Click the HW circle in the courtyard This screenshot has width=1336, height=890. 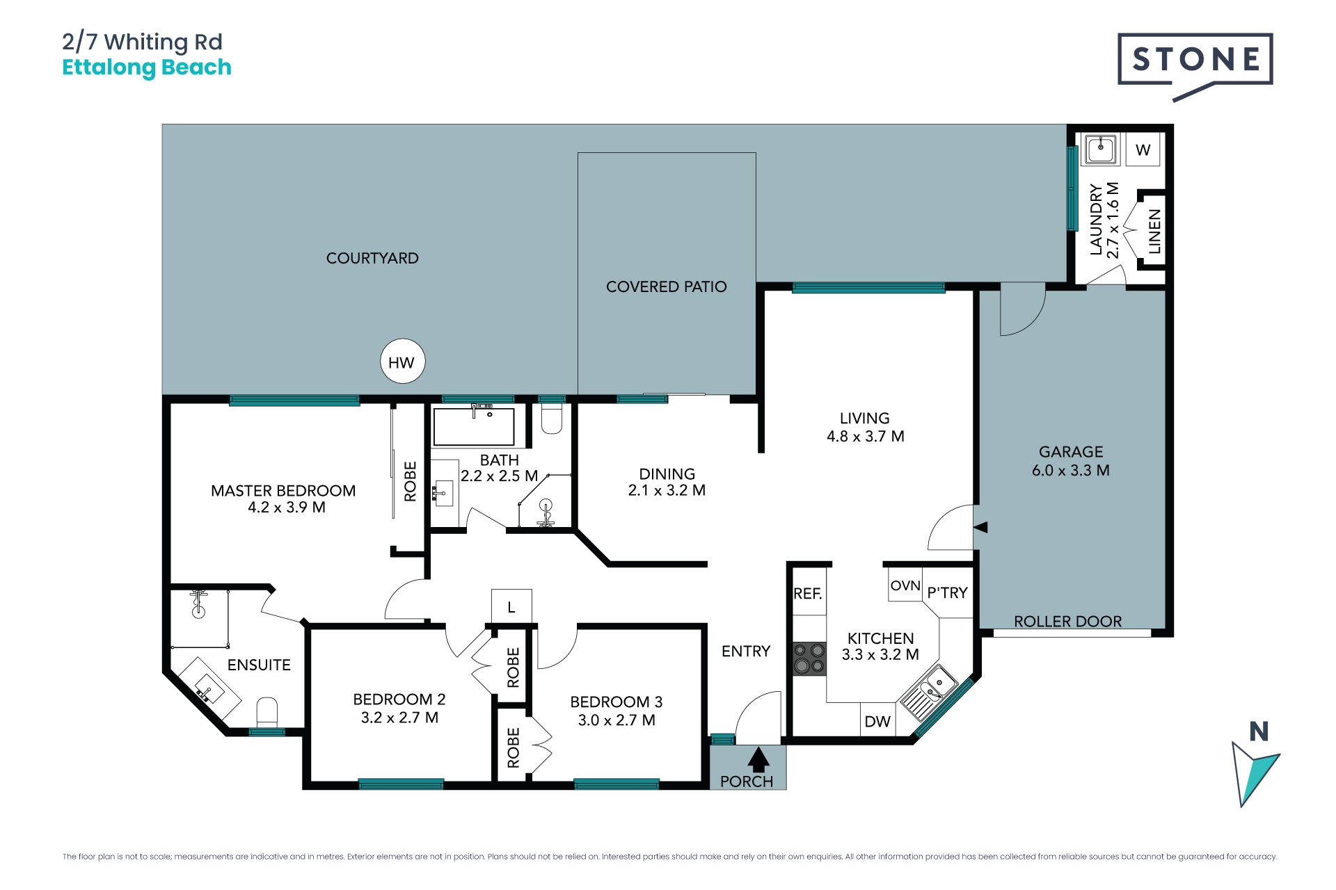click(402, 362)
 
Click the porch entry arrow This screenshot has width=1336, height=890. click(758, 759)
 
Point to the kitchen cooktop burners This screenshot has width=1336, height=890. click(809, 658)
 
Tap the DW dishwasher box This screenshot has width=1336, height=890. click(877, 720)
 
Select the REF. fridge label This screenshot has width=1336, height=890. click(808, 594)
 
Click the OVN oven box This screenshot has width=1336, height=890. click(905, 585)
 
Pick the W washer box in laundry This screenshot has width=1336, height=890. click(1143, 149)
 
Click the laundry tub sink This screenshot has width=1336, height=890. click(1100, 149)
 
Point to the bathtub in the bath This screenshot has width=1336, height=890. click(474, 426)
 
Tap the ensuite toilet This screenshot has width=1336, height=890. click(267, 713)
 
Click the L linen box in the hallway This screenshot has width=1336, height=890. click(511, 606)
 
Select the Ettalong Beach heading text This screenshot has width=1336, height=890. click(147, 67)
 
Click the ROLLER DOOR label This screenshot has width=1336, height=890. click(1067, 622)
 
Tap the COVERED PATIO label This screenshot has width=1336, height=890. click(666, 286)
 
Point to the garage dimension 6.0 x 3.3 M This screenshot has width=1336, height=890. click(1070, 471)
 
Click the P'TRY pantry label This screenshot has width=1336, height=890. click(947, 592)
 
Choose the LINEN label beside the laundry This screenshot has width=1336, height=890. click(1154, 232)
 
